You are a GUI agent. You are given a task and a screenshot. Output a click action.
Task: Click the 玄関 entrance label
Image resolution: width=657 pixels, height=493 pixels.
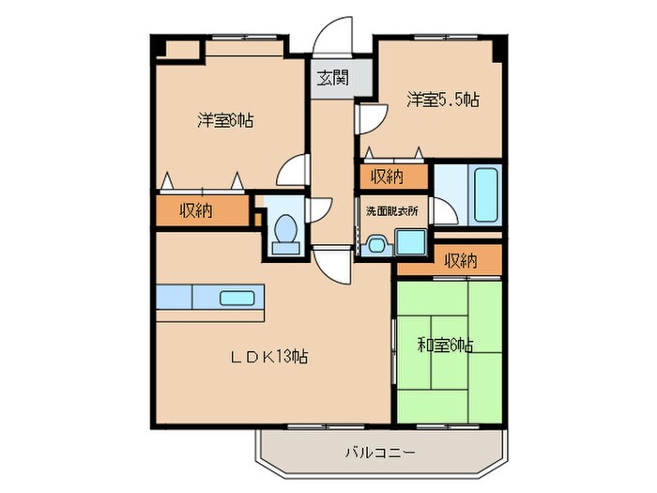click(x=329, y=77)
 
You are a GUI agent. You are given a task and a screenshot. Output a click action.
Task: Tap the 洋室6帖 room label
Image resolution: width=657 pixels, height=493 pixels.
click(x=225, y=120)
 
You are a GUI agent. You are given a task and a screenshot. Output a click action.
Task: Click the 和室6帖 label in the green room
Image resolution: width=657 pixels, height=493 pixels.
click(x=445, y=345)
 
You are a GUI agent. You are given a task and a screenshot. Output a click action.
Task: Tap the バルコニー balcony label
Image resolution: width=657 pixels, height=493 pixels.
click(x=384, y=454)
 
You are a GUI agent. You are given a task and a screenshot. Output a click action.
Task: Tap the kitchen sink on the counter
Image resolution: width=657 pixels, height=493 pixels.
click(x=234, y=299)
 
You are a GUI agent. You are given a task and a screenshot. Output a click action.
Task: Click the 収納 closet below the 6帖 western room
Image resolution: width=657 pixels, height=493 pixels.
click(x=196, y=210)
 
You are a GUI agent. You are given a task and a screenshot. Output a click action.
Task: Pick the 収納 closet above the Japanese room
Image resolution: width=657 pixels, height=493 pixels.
click(x=459, y=260)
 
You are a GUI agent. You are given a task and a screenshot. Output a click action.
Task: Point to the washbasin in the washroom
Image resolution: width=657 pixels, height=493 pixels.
click(x=377, y=244)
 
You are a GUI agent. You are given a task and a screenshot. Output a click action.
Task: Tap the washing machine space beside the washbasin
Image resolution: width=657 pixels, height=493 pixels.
click(x=409, y=242)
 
